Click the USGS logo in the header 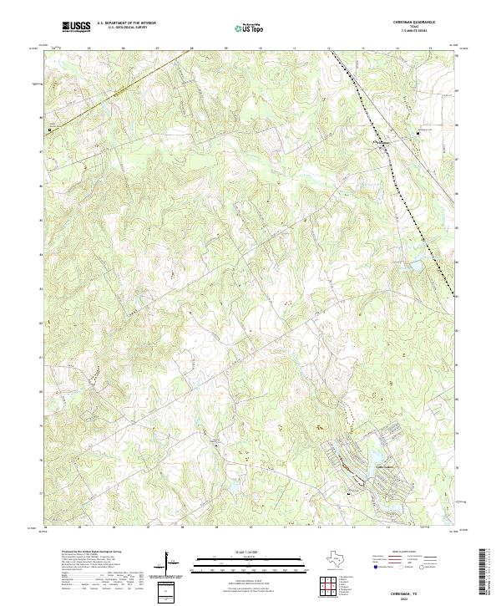76,27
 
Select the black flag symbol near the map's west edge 48,130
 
